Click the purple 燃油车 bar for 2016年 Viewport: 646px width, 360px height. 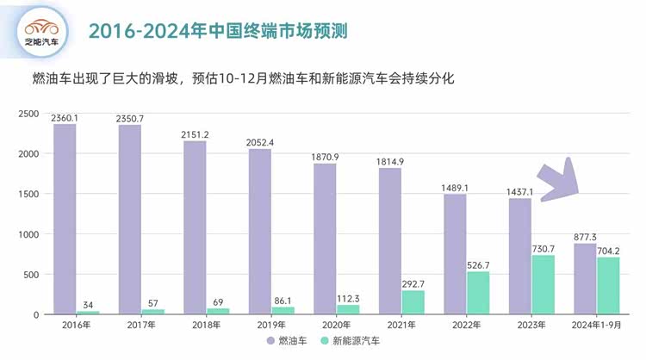point(65,219)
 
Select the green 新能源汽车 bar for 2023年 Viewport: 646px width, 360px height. point(543,284)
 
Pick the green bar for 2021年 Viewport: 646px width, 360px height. point(413,301)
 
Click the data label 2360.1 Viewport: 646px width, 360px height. point(65,117)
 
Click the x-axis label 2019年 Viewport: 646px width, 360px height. point(271,325)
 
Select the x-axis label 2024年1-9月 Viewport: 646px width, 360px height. point(597,325)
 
